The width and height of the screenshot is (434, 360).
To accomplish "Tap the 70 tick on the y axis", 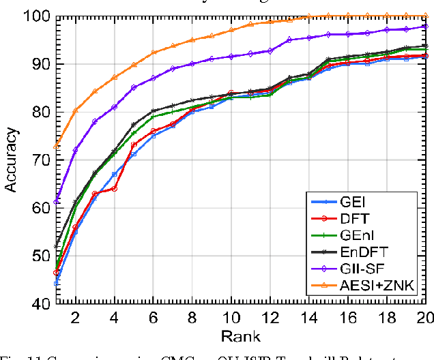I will pos(40,160).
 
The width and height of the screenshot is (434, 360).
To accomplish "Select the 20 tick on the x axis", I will pos(424,317).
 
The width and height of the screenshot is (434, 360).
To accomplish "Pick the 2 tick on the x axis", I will pos(75,317).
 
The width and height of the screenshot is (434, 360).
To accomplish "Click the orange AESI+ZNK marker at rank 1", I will pos(56,146).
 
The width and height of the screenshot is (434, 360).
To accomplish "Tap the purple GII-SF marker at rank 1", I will pos(56,202).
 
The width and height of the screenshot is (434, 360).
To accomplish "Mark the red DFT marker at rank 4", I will pos(114,188).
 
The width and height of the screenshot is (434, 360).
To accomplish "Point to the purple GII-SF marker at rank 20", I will pos(426,27).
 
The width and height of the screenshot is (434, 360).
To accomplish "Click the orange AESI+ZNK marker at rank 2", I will pos(75,110).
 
